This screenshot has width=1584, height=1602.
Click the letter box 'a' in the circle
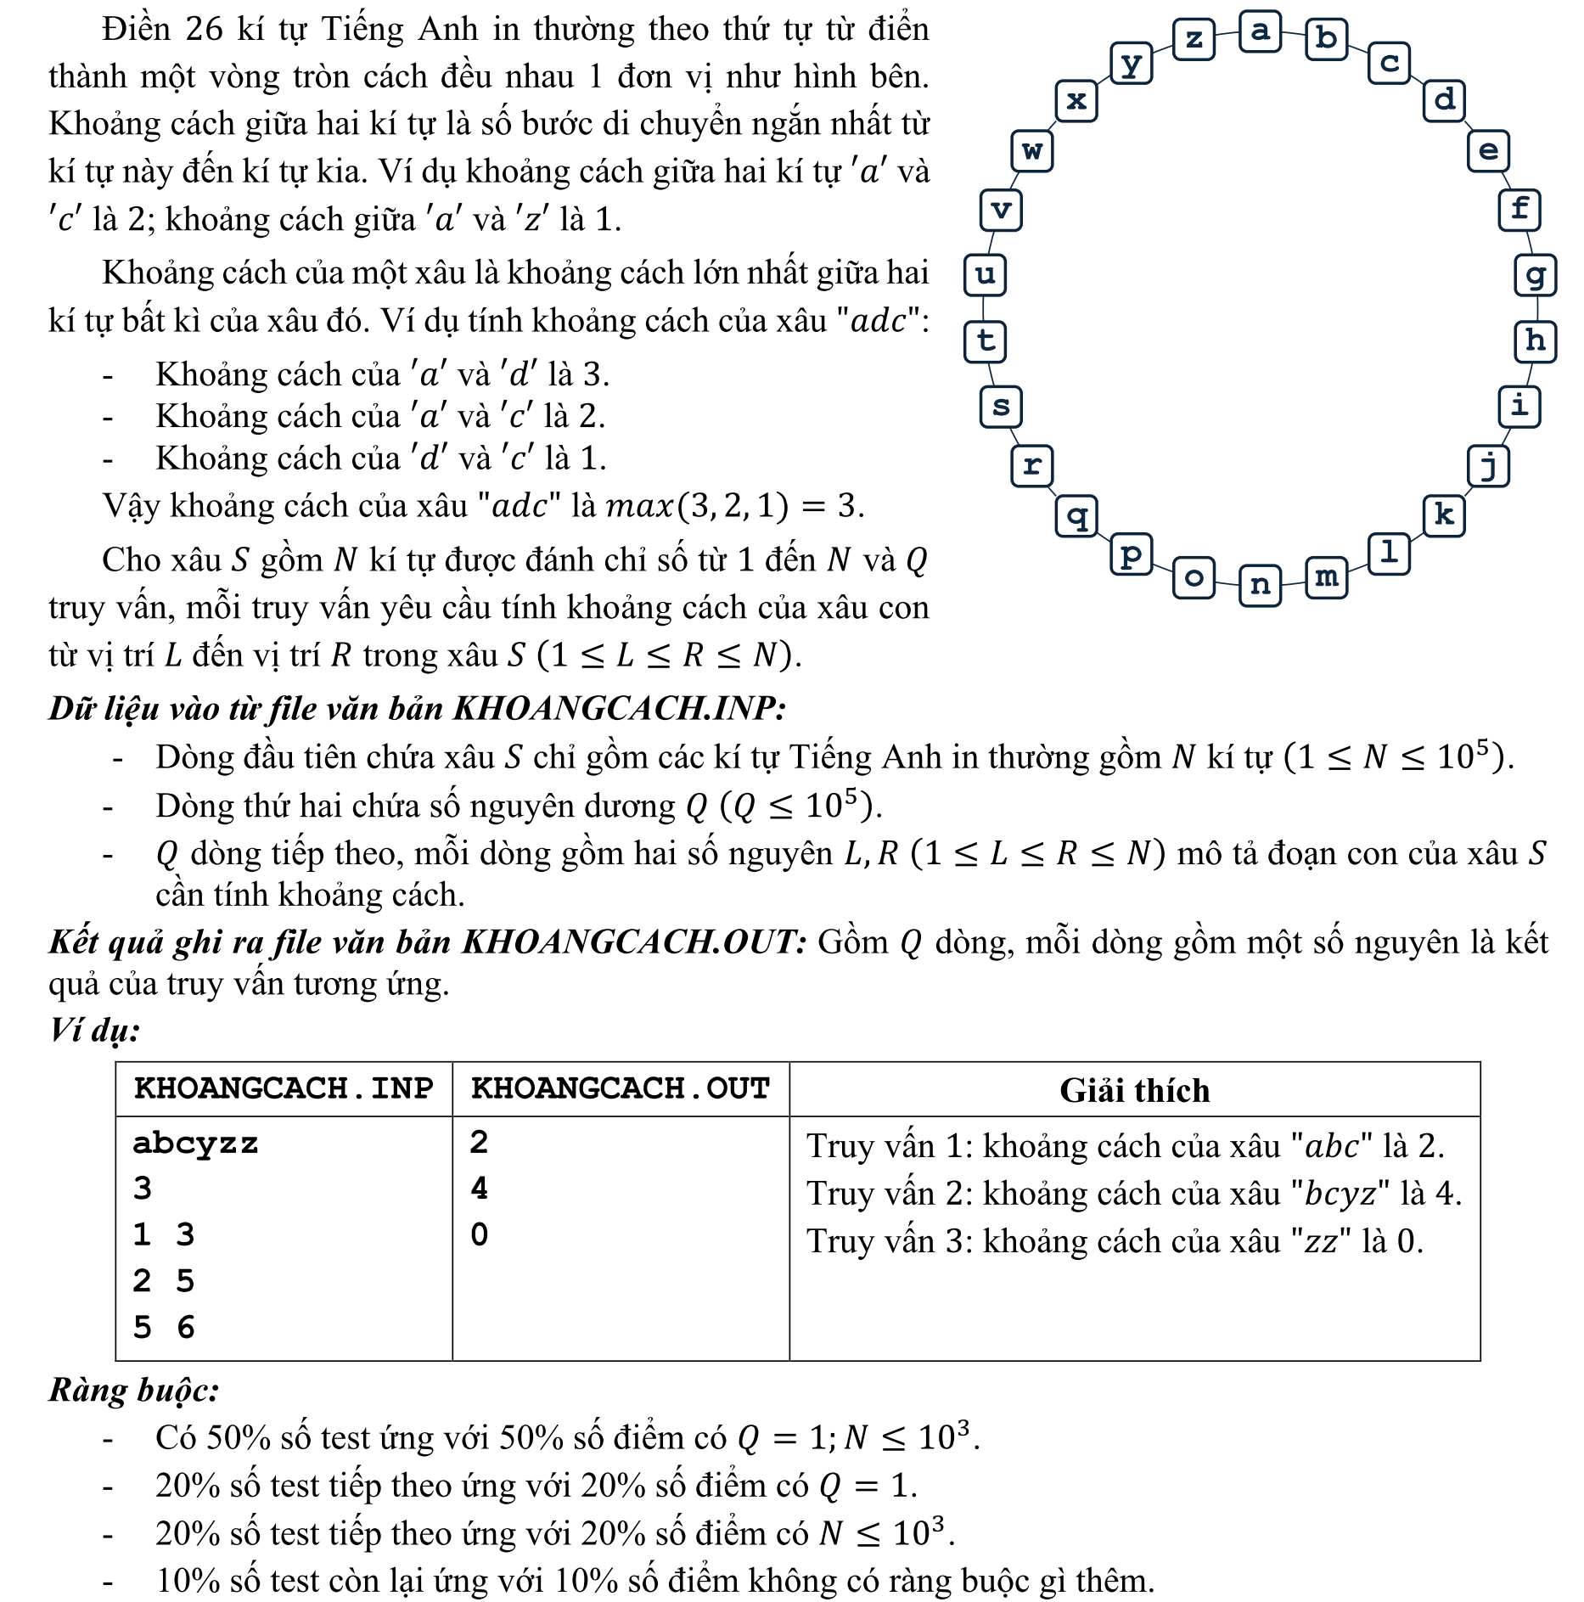[x=1260, y=31]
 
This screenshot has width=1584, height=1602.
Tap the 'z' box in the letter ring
[x=1194, y=39]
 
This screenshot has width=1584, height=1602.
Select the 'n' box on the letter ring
[x=1260, y=585]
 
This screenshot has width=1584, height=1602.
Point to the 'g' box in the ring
[x=1535, y=275]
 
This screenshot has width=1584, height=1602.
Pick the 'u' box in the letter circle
[x=985, y=275]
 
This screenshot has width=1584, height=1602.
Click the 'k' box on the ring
[x=1443, y=515]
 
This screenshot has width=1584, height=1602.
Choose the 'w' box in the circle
[x=1032, y=151]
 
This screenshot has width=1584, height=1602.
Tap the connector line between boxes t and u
[x=985, y=308]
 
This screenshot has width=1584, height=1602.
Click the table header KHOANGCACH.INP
[x=284, y=1088]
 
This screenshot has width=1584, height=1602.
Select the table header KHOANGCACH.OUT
[x=621, y=1088]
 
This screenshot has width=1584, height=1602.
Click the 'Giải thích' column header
[x=1134, y=1090]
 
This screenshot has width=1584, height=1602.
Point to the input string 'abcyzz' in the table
[x=195, y=1144]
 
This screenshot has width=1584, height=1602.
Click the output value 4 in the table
[x=480, y=1189]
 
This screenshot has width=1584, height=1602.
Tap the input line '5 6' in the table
[x=164, y=1327]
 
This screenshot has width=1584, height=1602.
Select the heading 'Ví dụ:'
[x=94, y=1031]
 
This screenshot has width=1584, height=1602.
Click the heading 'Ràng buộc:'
[x=134, y=1391]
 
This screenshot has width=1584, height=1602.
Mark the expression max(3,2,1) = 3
[x=734, y=506]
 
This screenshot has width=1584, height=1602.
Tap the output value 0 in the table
[x=480, y=1234]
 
